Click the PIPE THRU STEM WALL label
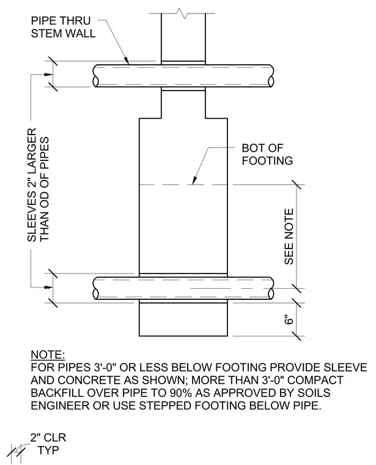click(x=63, y=27)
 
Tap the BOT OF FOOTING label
click(x=267, y=154)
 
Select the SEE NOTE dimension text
click(x=289, y=236)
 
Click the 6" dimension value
click(x=289, y=320)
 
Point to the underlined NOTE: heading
click(x=48, y=355)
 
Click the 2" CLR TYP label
click(x=48, y=444)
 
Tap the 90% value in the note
click(x=181, y=393)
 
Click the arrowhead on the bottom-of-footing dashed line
click(x=194, y=180)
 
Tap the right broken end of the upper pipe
click(x=271, y=76)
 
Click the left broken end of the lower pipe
click(x=96, y=288)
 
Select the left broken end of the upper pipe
click(x=96, y=76)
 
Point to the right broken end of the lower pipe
click(x=271, y=288)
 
